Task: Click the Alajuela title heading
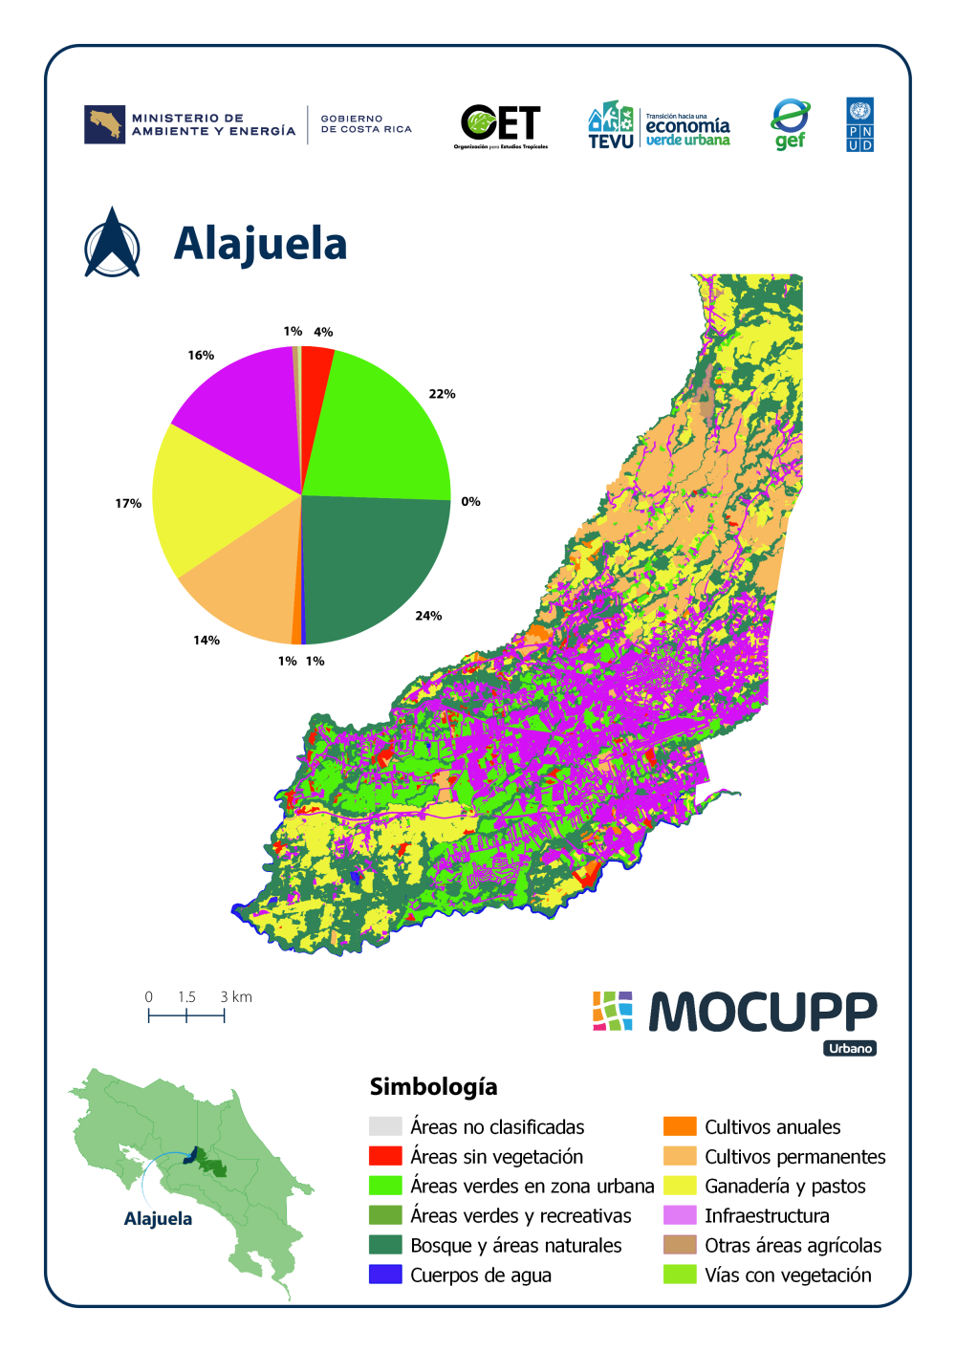coord(260,244)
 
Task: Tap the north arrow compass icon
coord(112,244)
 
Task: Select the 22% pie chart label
coord(442,394)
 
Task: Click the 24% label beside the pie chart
coord(428,616)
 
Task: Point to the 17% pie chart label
coord(128,503)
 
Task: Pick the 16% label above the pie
coord(201,355)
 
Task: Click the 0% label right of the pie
coord(470,501)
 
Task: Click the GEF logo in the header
coord(790,125)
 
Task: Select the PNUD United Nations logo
coord(859,125)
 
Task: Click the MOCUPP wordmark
coord(762,1012)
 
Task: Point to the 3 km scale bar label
coord(236,996)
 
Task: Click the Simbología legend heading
coord(433,1086)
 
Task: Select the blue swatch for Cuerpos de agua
coord(385,1275)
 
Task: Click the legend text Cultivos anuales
coord(772,1126)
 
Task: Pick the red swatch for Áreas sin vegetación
coord(385,1156)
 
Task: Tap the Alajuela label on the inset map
coord(158,1219)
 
